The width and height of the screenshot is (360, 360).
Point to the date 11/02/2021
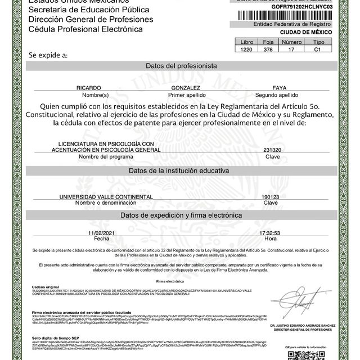(x=101, y=232)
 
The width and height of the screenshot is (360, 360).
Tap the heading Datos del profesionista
(x=181, y=66)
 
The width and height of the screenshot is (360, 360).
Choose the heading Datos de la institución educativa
(x=181, y=170)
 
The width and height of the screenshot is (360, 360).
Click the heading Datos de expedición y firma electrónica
(x=181, y=215)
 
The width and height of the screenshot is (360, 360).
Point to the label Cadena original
(x=45, y=286)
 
